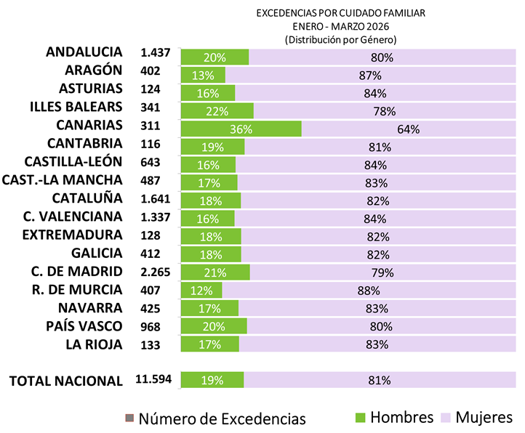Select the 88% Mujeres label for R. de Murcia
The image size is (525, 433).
(369, 291)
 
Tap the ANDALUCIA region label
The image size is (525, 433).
(84, 52)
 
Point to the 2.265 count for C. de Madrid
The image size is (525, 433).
(155, 272)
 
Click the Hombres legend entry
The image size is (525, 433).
(393, 417)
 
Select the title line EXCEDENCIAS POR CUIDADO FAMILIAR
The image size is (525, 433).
(341, 13)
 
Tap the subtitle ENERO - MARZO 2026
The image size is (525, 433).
(341, 26)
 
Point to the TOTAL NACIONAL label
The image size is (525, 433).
(65, 379)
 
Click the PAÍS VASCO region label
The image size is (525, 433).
(84, 325)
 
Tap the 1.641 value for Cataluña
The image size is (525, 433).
(155, 198)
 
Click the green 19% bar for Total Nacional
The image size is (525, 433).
(212, 380)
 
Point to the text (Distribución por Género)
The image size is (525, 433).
(341, 39)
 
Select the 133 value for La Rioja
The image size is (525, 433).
(151, 344)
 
